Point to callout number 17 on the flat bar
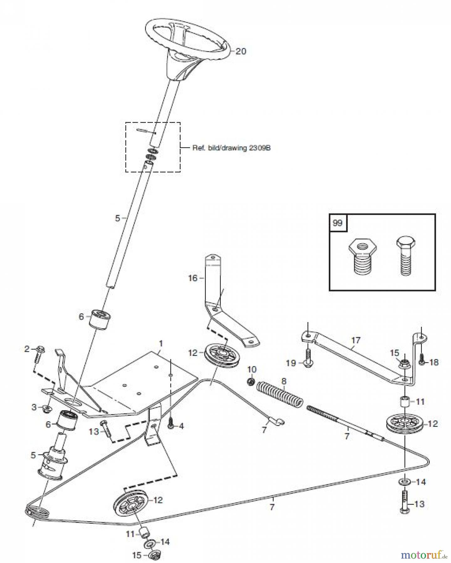click(356, 340)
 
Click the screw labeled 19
click(308, 357)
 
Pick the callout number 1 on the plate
click(161, 344)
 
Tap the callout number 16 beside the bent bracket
click(193, 278)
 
